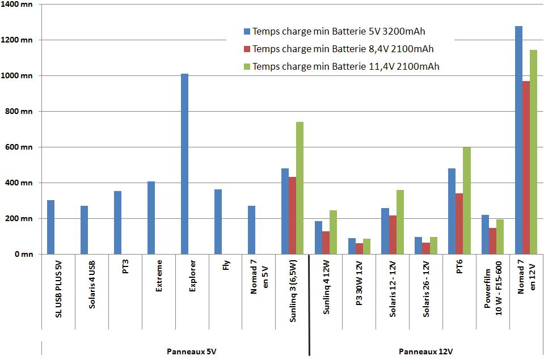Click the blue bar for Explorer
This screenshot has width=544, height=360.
point(184,164)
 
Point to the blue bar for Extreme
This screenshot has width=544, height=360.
point(151,218)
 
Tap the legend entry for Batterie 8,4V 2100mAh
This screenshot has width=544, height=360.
point(343,49)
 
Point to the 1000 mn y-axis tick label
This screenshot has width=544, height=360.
point(19,76)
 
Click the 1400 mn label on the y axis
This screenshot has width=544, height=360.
point(19,5)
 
